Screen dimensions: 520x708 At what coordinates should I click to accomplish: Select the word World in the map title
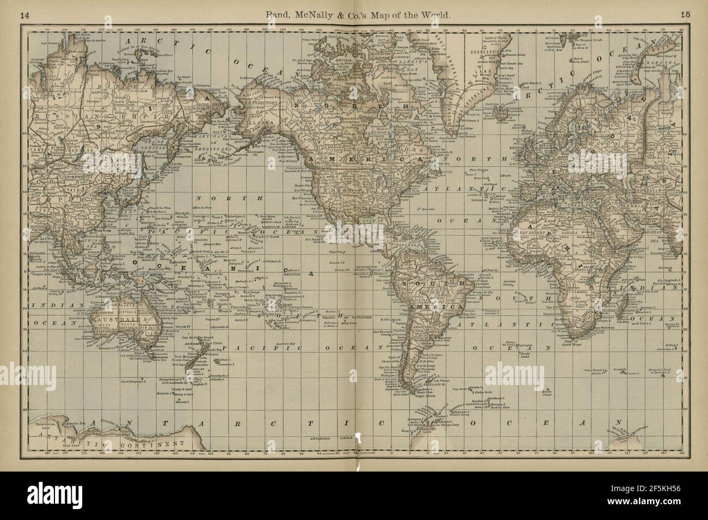(436, 16)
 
